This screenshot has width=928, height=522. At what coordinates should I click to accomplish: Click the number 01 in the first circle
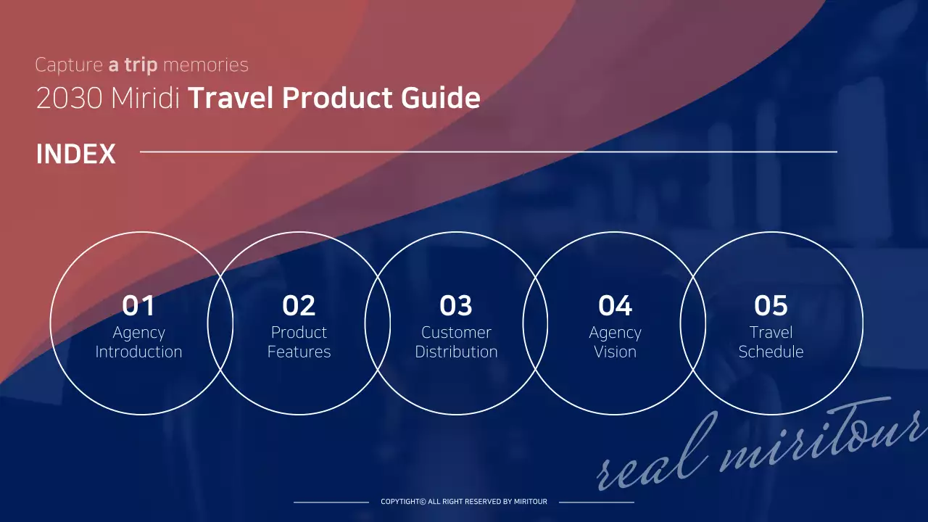pyautogui.click(x=138, y=306)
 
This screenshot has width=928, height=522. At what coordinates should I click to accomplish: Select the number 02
pyautogui.click(x=299, y=306)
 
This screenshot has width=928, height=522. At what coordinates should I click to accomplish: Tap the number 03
pyautogui.click(x=456, y=306)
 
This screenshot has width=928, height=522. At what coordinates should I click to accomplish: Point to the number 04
pyautogui.click(x=615, y=306)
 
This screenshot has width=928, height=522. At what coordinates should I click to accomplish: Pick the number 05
pyautogui.click(x=771, y=306)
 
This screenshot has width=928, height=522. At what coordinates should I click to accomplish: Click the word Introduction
pyautogui.click(x=138, y=352)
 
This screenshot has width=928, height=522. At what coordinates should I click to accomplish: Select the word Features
pyautogui.click(x=299, y=352)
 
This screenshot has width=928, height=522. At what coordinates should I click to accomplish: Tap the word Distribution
pyautogui.click(x=456, y=352)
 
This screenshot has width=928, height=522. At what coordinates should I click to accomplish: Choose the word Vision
pyautogui.click(x=615, y=352)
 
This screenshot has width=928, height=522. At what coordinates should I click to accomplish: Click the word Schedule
pyautogui.click(x=771, y=352)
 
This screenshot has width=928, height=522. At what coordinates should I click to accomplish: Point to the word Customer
pyautogui.click(x=456, y=333)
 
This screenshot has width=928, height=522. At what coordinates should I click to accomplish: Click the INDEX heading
pyautogui.click(x=75, y=154)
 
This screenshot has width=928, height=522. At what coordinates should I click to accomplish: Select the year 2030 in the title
pyautogui.click(x=69, y=99)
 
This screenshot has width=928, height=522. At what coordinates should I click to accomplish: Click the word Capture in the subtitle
pyautogui.click(x=69, y=65)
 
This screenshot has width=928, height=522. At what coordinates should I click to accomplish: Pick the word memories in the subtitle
pyautogui.click(x=206, y=65)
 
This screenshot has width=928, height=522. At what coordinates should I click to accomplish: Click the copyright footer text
pyautogui.click(x=464, y=502)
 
